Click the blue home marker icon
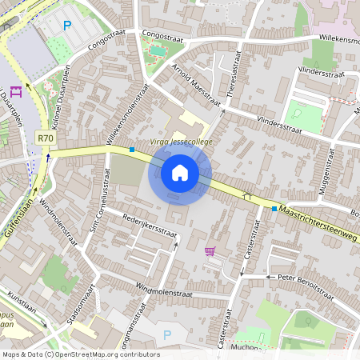(x=180, y=172)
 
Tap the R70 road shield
(x=46, y=138)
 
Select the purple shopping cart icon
(x=210, y=251)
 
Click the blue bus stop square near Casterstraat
(x=274, y=209)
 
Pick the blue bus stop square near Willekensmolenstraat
(x=131, y=149)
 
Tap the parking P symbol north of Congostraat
(x=67, y=26)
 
